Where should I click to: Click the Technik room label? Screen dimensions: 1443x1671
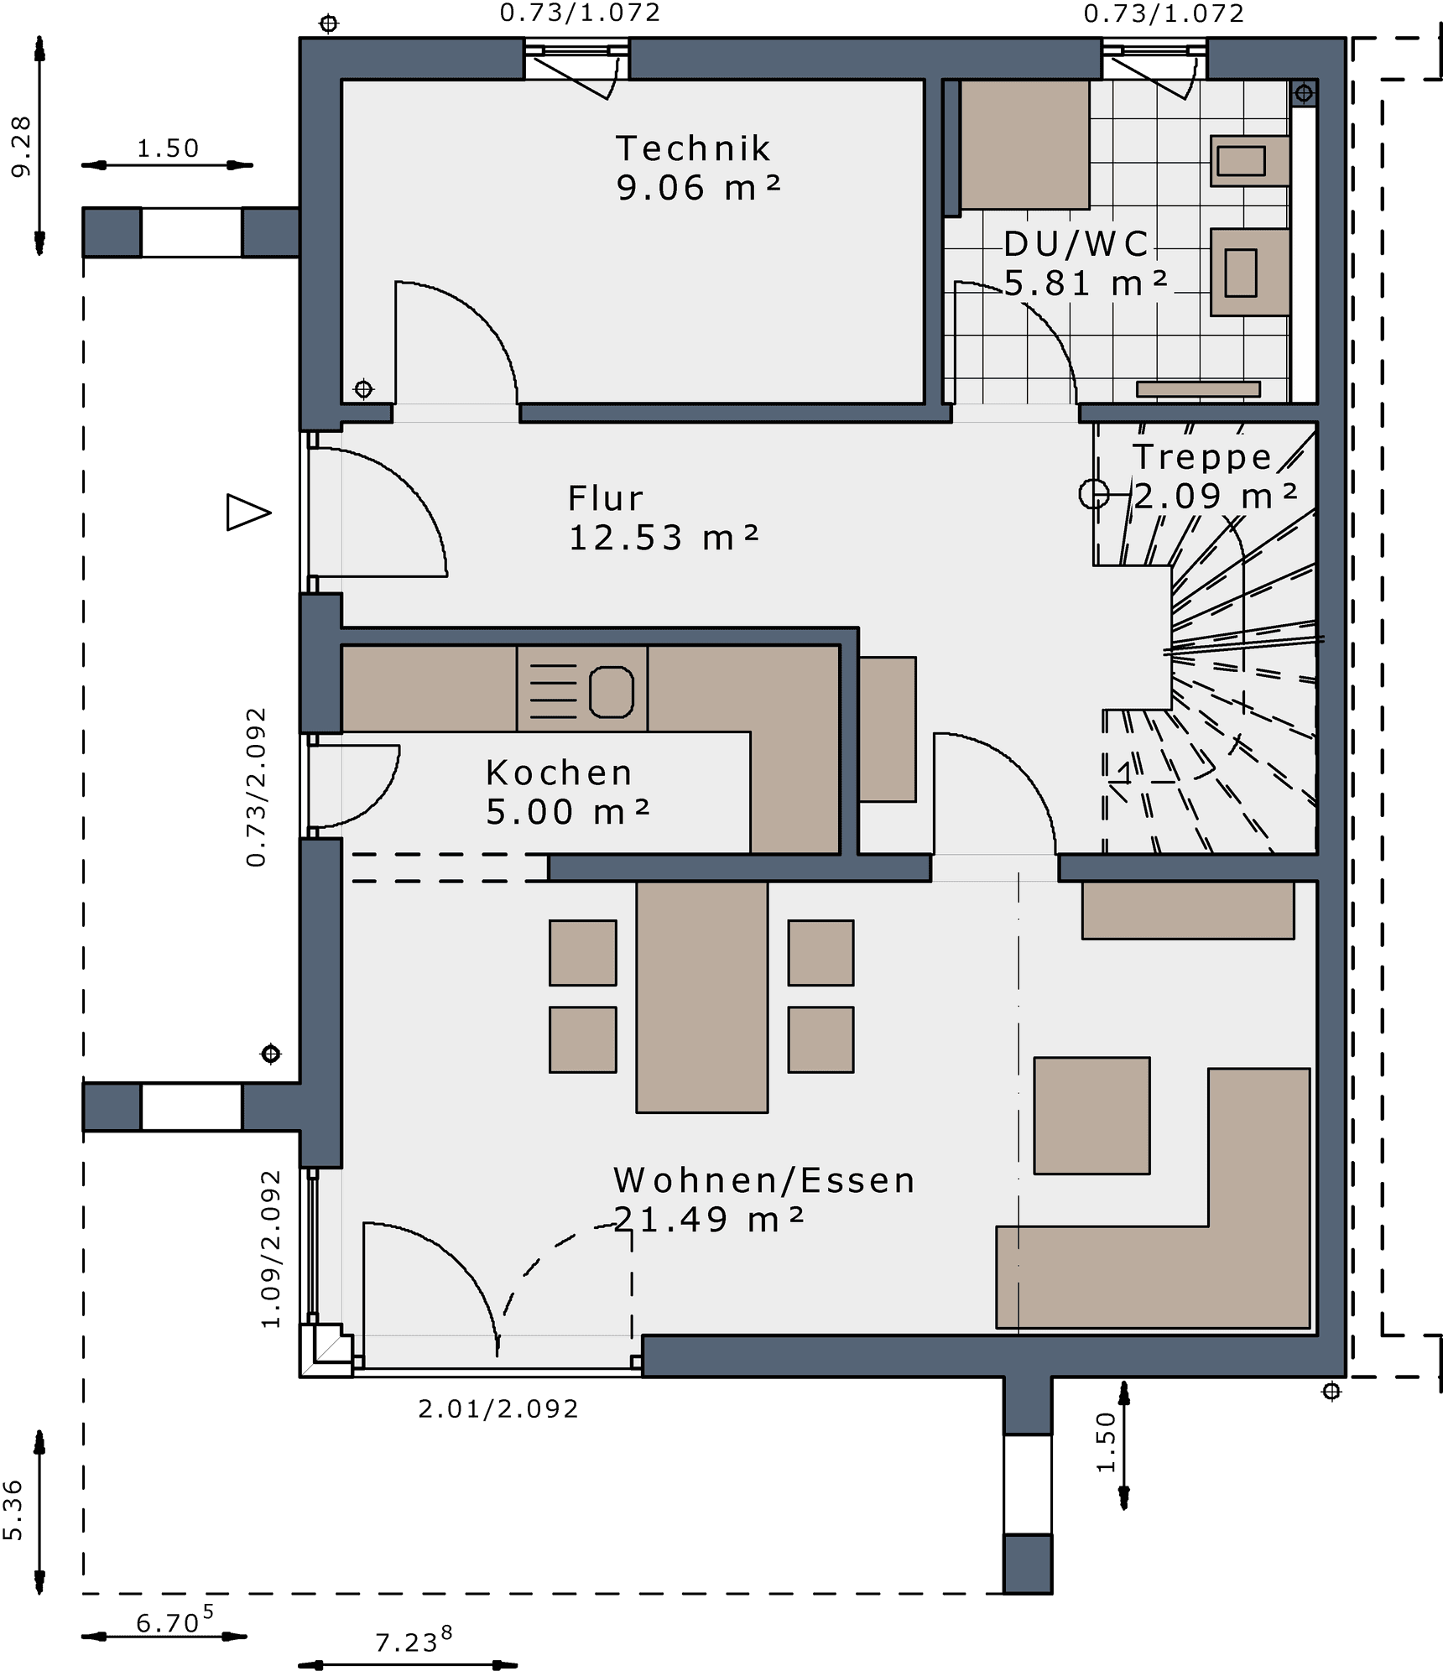pyautogui.click(x=693, y=148)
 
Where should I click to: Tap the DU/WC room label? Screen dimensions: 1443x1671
pyautogui.click(x=1077, y=244)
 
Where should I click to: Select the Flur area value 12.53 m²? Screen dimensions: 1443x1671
pyautogui.click(x=664, y=538)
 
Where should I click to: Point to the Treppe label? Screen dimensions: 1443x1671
pyautogui.click(x=1202, y=456)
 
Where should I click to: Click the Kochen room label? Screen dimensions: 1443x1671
pyautogui.click(x=559, y=773)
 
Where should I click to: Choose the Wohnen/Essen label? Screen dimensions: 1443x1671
pyautogui.click(x=764, y=1180)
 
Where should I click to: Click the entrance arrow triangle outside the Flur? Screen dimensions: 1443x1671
pyautogui.click(x=247, y=513)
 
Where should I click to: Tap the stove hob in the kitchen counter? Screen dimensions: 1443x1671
pyautogui.click(x=582, y=689)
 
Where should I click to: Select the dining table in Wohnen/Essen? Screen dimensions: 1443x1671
pyautogui.click(x=702, y=997)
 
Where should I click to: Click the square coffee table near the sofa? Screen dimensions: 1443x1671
pyautogui.click(x=1091, y=1115)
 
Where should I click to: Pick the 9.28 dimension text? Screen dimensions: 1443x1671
pyautogui.click(x=21, y=146)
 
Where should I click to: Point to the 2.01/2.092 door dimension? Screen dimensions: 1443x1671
pyautogui.click(x=498, y=1408)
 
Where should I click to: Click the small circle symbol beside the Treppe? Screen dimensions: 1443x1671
pyautogui.click(x=1094, y=494)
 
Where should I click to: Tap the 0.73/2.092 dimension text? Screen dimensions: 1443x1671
pyautogui.click(x=256, y=786)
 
